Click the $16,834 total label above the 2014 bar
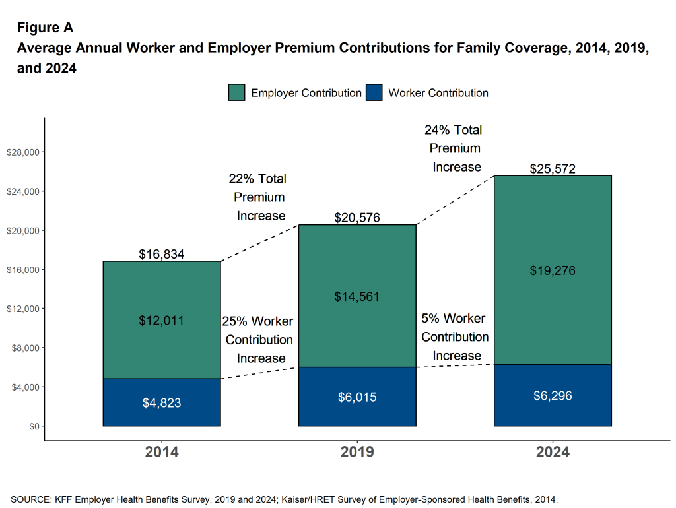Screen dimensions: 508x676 [x=161, y=254]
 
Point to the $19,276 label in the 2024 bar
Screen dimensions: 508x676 [x=553, y=270]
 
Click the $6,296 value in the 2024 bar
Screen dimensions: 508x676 [x=553, y=396]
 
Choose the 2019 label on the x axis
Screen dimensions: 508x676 [x=357, y=453]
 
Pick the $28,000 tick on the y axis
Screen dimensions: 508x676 [x=23, y=152]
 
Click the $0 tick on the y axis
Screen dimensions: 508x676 [x=33, y=426]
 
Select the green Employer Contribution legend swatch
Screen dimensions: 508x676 [x=237, y=92]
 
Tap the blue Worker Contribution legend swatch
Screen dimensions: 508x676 [x=374, y=92]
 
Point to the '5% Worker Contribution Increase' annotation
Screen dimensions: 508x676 [x=454, y=337]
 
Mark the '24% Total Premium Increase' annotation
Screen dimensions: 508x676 [x=456, y=148]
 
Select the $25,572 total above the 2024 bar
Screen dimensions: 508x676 [x=553, y=169]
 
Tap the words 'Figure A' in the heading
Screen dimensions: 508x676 [x=45, y=28]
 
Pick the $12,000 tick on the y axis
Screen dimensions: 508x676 [x=23, y=309]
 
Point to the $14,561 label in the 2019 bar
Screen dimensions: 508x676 [x=357, y=296]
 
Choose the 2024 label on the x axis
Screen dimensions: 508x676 [x=553, y=453]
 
